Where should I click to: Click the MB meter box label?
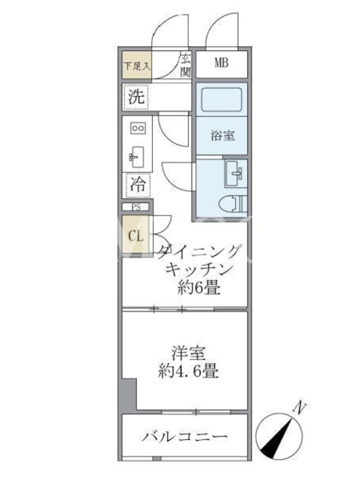[x=221, y=63]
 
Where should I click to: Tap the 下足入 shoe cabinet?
[x=137, y=65]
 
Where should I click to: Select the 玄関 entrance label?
[x=185, y=65]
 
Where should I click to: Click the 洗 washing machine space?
[x=136, y=97]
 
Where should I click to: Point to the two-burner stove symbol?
[x=138, y=128]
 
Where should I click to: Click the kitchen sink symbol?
[x=137, y=157]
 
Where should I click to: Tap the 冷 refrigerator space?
[x=138, y=185]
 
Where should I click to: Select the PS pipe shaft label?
[x=136, y=207]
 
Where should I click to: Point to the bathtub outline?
[x=221, y=100]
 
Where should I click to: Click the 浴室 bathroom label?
[x=223, y=136]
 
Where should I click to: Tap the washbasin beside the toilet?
[x=235, y=173]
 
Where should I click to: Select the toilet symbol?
[x=233, y=204]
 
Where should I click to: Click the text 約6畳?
[x=199, y=287]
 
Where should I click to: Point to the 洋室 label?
[x=188, y=353]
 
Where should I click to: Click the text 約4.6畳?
[x=188, y=371]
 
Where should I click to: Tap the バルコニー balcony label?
[x=185, y=436]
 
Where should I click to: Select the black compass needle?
[x=276, y=439]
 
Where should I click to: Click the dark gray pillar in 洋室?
[x=129, y=394]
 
